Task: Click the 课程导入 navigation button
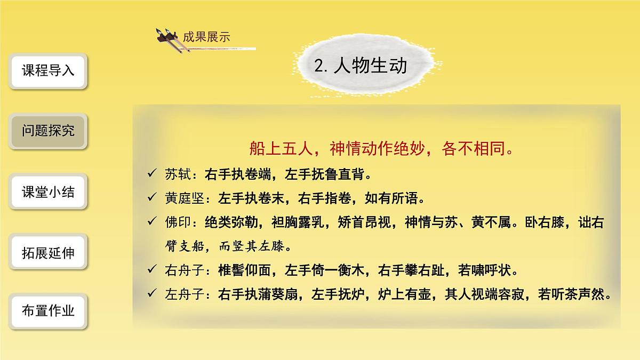(48, 71)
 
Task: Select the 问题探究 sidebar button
(48, 131)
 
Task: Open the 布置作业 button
(48, 311)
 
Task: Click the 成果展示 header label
(206, 37)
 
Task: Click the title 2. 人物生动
(361, 66)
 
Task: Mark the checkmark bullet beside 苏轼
(152, 174)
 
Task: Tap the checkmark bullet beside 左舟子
(152, 294)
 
